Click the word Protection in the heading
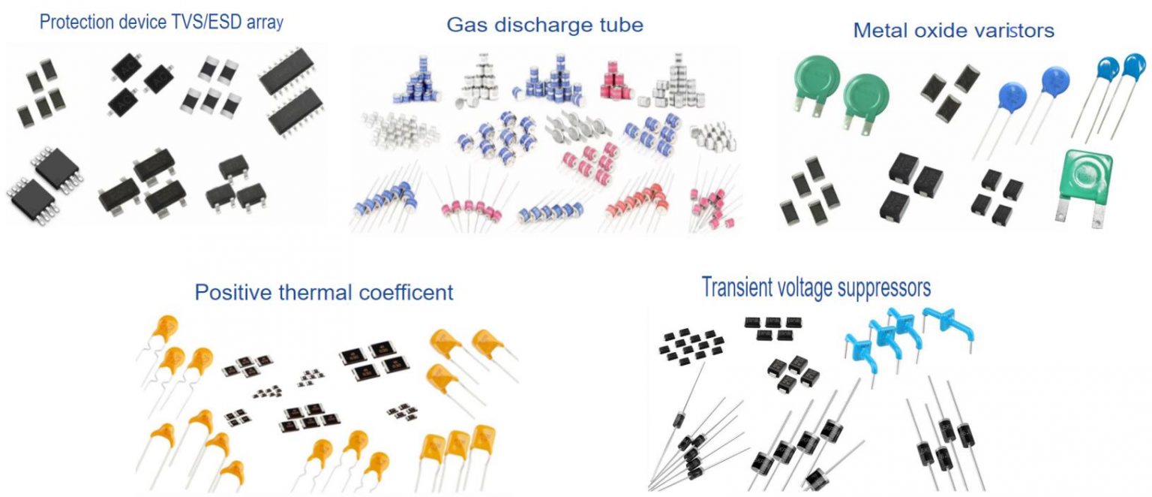click(x=76, y=23)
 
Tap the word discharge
click(x=544, y=26)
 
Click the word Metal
click(x=880, y=30)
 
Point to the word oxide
click(x=937, y=30)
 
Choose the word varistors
click(x=1009, y=30)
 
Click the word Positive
click(x=233, y=293)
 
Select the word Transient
click(x=739, y=287)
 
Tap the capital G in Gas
click(x=454, y=26)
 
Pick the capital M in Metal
click(x=862, y=30)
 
